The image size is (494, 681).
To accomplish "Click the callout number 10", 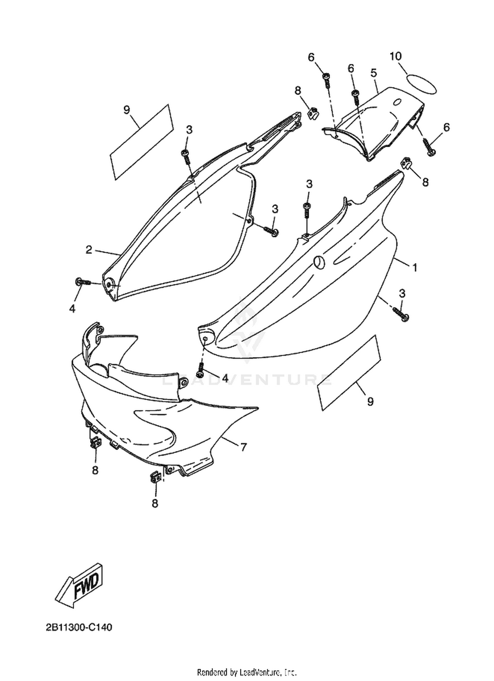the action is [x=396, y=57].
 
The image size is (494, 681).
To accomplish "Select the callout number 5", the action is [x=373, y=73].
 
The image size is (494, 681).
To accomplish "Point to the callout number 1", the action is [x=415, y=268].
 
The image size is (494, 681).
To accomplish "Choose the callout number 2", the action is [x=89, y=250].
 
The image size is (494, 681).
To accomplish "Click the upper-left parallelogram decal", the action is [x=141, y=142].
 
